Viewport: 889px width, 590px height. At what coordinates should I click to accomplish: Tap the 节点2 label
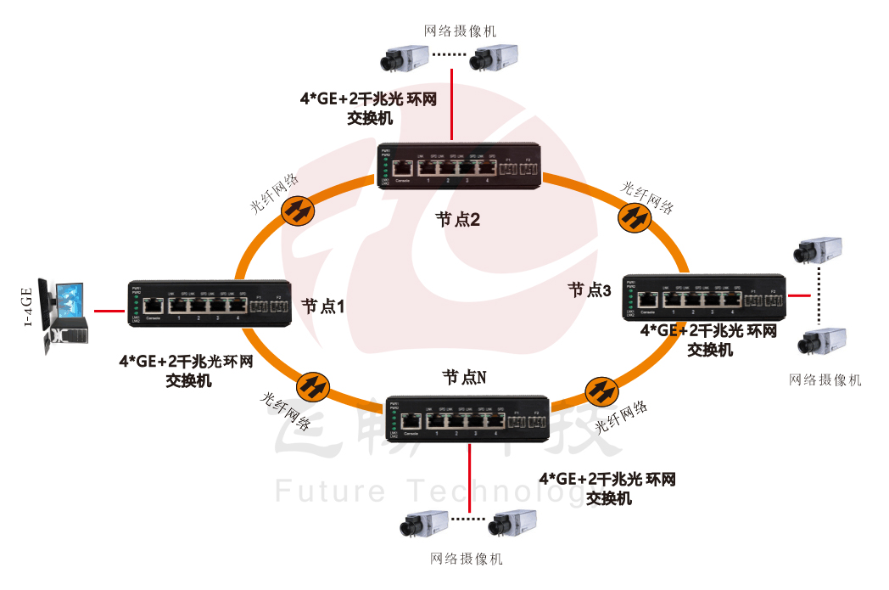(458, 219)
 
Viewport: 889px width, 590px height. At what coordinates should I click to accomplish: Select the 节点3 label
(590, 289)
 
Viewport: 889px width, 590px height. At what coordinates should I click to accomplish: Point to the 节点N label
(464, 377)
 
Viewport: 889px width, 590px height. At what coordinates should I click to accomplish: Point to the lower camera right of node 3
(821, 341)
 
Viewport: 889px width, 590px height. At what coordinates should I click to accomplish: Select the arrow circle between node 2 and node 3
(635, 218)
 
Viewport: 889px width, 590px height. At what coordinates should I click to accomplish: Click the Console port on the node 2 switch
(404, 169)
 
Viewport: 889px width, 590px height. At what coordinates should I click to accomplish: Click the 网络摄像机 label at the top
(461, 31)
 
